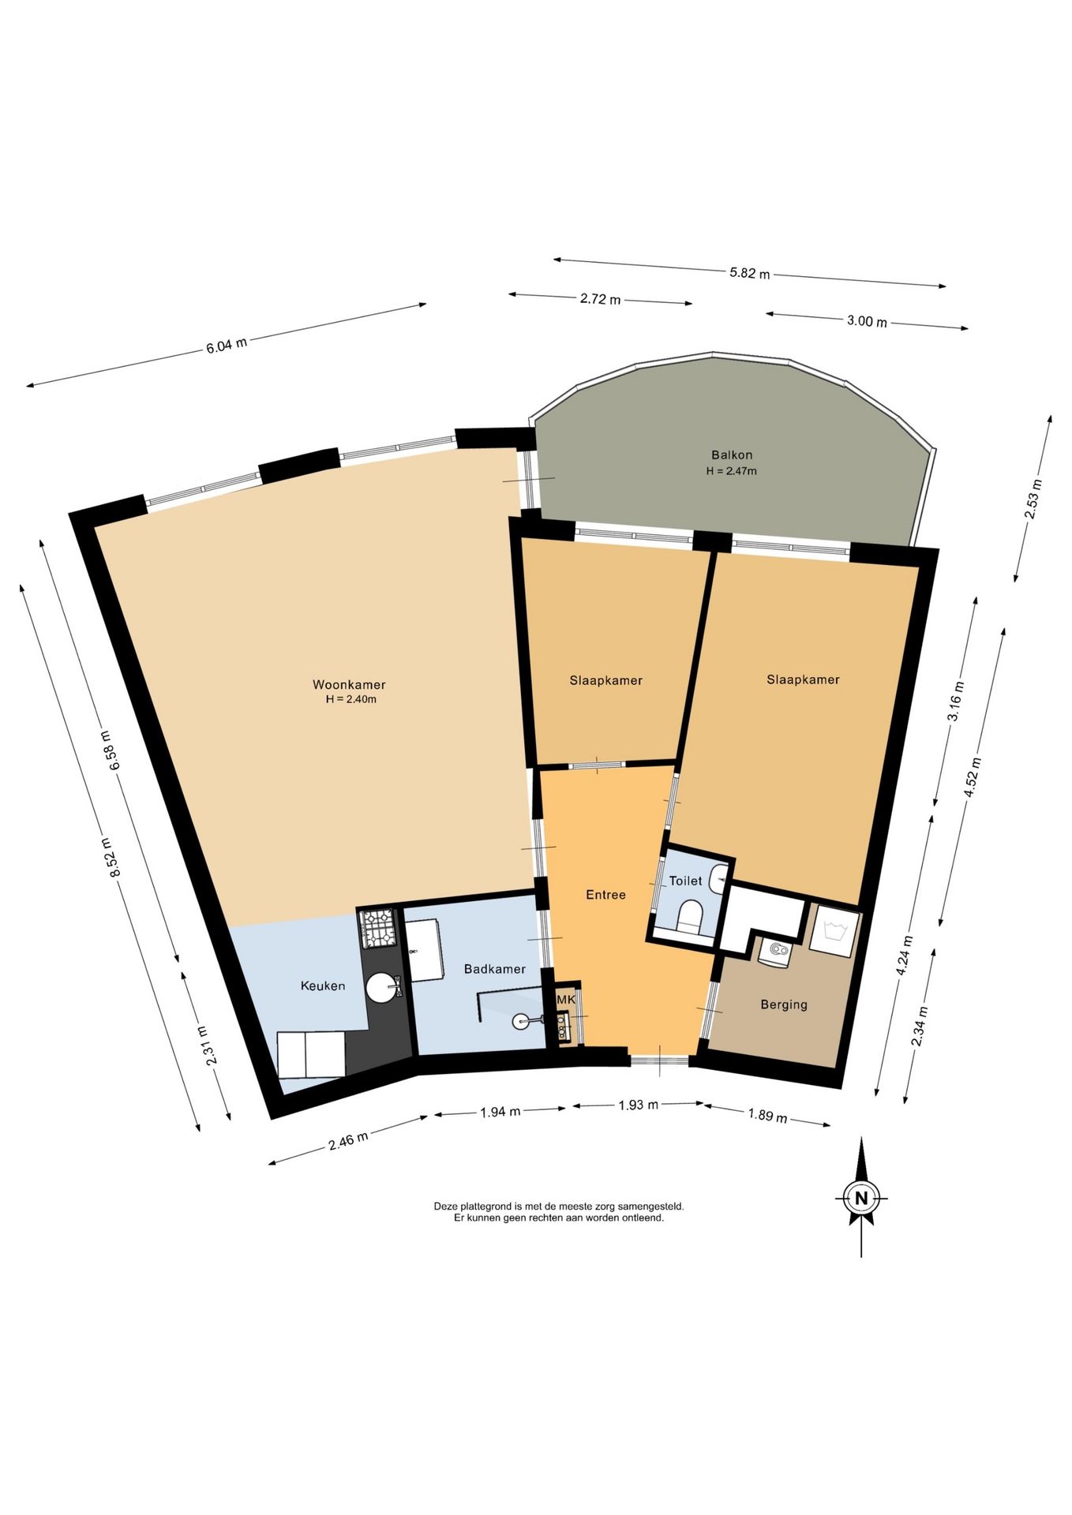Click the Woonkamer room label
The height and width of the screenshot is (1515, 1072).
pos(349,685)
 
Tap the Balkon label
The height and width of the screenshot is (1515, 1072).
pos(732,455)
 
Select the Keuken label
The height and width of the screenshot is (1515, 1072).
pos(323,986)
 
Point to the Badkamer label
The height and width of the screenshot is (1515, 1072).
pos(495,969)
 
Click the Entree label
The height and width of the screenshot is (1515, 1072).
pos(605,895)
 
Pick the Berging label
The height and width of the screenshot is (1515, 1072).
pos(784,1004)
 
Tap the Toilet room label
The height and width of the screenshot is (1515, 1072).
pos(685,881)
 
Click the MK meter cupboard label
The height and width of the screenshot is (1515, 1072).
pos(566,1000)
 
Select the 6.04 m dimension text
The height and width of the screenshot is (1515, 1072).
pos(227,346)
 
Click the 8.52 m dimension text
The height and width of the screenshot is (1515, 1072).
pos(112,858)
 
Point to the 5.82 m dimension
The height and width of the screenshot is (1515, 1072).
pos(749,273)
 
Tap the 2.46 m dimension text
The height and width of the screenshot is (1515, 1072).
pos(348,1141)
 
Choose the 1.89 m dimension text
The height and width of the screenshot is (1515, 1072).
pos(767,1116)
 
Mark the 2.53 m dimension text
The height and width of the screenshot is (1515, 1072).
pos(1033,499)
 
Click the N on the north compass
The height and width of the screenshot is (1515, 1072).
pos(861,1198)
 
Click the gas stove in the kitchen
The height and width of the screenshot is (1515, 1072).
pos(377,928)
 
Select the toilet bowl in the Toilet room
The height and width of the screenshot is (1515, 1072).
pos(690,917)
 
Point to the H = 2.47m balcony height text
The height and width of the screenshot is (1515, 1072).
pos(731,471)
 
